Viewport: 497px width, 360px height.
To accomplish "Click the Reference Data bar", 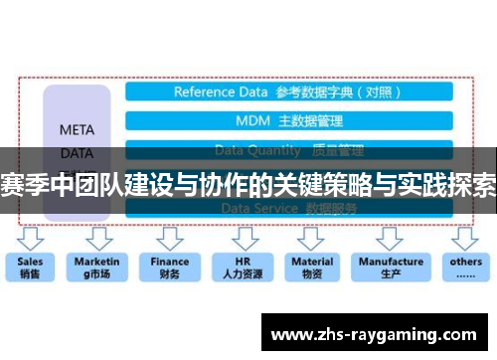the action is [x=288, y=92].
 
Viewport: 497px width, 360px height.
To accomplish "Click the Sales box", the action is [x=31, y=268].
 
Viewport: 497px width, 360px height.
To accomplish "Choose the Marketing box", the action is [x=97, y=268].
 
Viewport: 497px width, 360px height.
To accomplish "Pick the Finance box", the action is [x=170, y=268].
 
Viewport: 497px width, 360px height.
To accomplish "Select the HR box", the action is [x=241, y=268].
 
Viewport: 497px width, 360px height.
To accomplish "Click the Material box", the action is [x=312, y=268].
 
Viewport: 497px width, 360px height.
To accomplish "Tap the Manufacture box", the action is [x=391, y=268].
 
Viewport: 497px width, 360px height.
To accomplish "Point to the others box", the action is [x=465, y=268].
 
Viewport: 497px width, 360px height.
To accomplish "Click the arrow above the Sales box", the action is [x=32, y=239].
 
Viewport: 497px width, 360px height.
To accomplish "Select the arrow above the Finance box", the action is [x=170, y=239].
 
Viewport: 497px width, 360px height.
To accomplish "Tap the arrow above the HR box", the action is [x=241, y=239].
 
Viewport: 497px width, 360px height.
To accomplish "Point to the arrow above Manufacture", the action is [x=391, y=239].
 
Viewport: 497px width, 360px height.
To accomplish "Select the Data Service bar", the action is [x=288, y=209].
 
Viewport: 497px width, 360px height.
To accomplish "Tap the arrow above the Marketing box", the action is [x=97, y=239].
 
